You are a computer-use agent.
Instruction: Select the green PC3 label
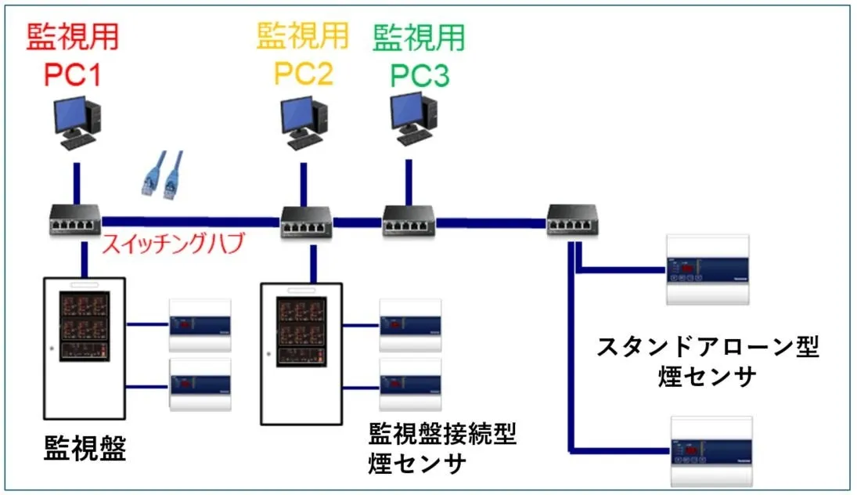(419, 56)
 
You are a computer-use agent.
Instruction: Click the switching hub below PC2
(308, 222)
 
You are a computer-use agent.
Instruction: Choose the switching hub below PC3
(409, 222)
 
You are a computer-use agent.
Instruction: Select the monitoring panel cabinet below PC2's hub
(301, 352)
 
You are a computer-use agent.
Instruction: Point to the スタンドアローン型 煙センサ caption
(708, 362)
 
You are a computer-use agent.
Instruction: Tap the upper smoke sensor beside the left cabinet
(200, 323)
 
